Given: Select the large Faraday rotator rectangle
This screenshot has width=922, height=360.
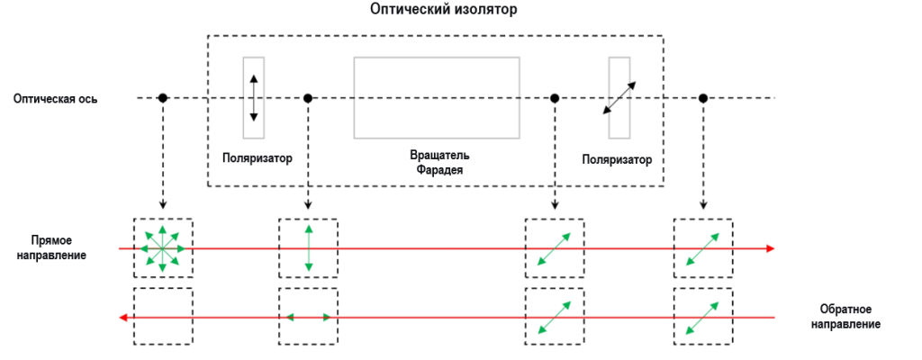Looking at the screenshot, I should (x=437, y=98).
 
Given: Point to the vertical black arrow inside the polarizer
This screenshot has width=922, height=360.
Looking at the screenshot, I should (x=253, y=98).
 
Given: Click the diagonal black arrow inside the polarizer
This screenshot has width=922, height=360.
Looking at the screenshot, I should (x=619, y=98).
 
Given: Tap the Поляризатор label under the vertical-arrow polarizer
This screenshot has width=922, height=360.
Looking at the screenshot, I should (x=258, y=159).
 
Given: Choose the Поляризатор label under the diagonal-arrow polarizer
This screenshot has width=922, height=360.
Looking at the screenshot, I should (x=617, y=160).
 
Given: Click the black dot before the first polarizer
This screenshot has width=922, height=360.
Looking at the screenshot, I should (x=162, y=97).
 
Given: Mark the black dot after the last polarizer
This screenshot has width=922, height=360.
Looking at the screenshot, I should (x=702, y=97).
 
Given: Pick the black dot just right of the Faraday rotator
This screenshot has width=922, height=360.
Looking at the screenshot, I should (x=555, y=97).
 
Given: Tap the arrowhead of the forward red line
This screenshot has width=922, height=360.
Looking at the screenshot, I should (x=770, y=247).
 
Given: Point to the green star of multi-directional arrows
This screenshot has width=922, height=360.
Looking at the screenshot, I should (x=162, y=247).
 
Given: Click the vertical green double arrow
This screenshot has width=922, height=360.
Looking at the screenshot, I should (x=309, y=247).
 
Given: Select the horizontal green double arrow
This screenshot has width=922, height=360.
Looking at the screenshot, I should (x=309, y=317).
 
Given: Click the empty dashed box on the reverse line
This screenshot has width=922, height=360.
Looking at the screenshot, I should (x=162, y=317).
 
